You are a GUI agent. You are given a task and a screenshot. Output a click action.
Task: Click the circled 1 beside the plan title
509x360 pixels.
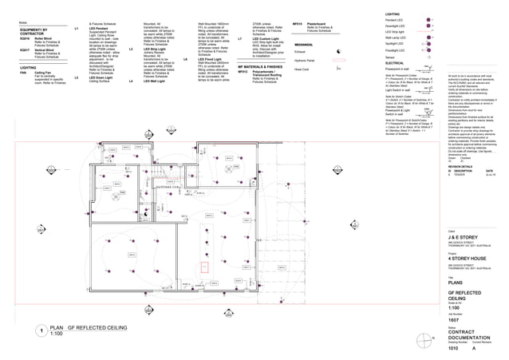click(x=40, y=330)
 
